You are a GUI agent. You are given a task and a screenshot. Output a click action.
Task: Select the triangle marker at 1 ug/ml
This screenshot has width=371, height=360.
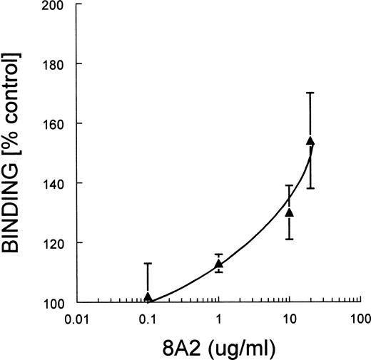click(x=218, y=264)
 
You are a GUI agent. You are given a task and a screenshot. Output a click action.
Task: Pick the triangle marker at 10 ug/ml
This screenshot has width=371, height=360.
click(x=289, y=212)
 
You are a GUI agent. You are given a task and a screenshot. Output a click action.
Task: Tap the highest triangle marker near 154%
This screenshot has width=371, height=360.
click(x=310, y=141)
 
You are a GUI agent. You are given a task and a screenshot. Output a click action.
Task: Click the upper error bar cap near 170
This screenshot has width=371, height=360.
click(x=310, y=93)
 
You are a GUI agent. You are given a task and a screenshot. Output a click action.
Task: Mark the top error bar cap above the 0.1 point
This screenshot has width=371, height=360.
click(x=148, y=263)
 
